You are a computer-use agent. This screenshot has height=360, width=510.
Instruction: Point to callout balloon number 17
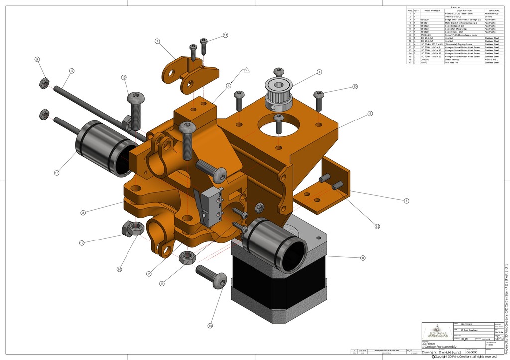pos(71,71)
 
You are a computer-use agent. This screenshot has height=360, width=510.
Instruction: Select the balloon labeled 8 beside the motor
pos(363,258)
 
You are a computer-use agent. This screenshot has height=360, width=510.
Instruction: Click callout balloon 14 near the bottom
pos(210,325)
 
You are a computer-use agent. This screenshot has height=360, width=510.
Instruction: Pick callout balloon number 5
pos(406,201)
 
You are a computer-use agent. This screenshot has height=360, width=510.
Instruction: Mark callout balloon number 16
pos(57,173)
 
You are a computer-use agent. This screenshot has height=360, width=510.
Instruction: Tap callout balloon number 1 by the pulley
pos(319,72)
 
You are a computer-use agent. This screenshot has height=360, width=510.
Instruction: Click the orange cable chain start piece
pos(189,75)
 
